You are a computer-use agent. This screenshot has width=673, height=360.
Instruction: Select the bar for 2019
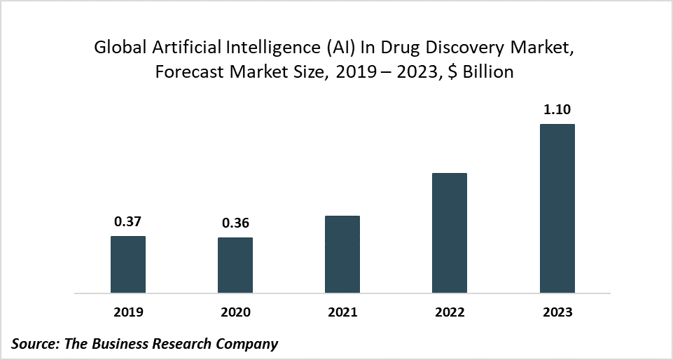(x=128, y=264)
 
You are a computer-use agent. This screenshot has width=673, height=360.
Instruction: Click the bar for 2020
(x=235, y=265)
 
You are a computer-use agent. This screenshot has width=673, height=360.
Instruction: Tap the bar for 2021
(x=342, y=254)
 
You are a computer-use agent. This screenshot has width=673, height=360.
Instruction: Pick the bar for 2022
(x=450, y=233)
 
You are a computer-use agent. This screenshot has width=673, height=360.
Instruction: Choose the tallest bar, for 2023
(x=557, y=208)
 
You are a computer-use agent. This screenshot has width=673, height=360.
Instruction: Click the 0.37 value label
(x=128, y=223)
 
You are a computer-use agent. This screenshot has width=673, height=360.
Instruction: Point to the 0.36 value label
(x=236, y=224)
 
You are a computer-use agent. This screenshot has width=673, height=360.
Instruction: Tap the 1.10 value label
(x=557, y=110)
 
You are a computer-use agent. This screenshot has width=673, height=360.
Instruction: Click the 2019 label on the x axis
(x=128, y=312)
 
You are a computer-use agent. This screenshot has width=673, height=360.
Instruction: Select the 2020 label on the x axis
(x=235, y=312)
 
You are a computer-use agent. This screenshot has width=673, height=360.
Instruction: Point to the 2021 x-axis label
(x=342, y=312)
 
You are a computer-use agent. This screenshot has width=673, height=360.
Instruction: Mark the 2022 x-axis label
(x=450, y=312)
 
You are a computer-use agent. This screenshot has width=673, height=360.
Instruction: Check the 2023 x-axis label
(x=557, y=312)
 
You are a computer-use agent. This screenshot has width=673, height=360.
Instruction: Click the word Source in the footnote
(x=34, y=344)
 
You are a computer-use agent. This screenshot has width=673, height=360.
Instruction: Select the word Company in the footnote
(x=252, y=344)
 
